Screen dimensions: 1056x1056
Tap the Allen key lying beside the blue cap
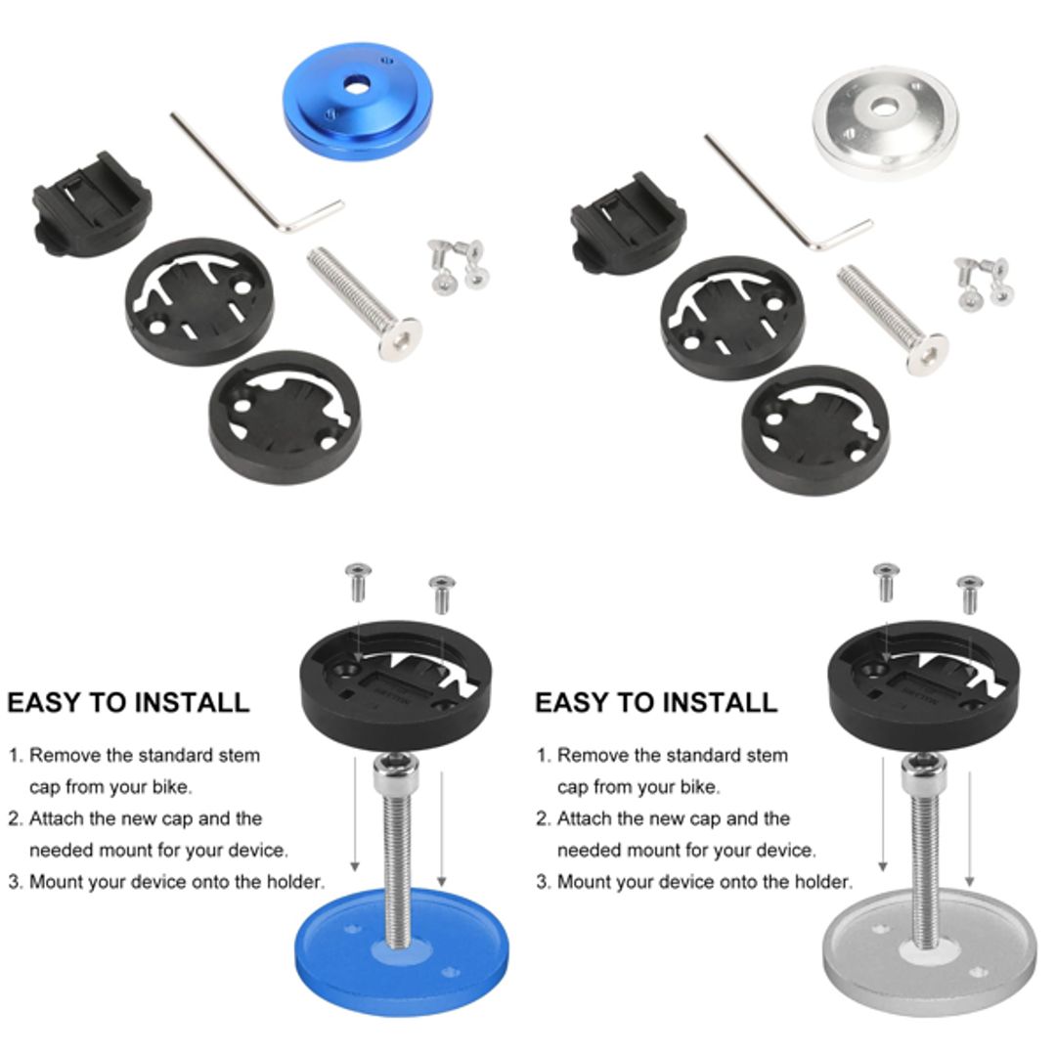click(x=256, y=175)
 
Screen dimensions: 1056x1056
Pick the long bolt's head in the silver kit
click(x=926, y=353)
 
